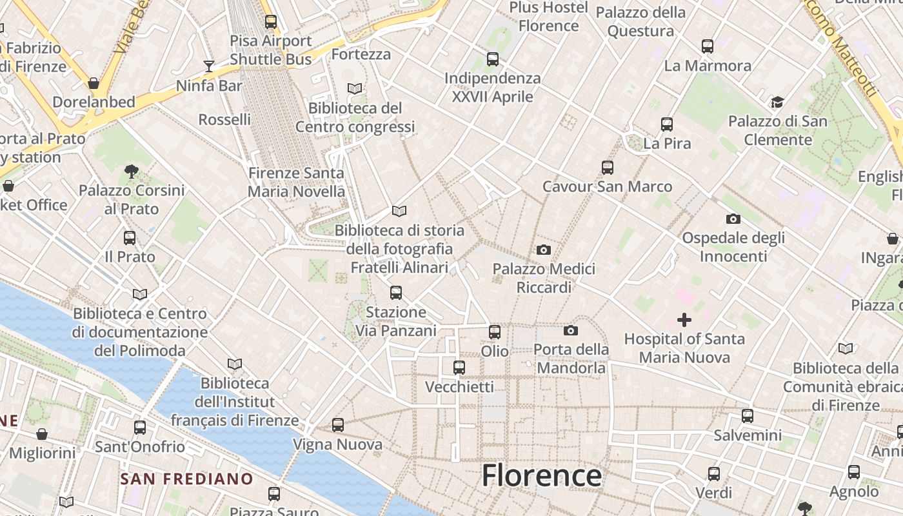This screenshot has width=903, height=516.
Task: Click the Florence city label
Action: click(x=542, y=475)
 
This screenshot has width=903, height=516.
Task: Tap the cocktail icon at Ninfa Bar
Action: click(x=209, y=66)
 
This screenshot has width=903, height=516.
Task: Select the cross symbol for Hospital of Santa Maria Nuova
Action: click(x=684, y=319)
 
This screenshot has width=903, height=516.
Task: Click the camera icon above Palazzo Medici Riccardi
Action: click(x=544, y=250)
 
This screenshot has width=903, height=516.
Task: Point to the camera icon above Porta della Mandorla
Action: click(x=571, y=330)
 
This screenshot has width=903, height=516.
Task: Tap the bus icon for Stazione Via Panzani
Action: click(x=396, y=293)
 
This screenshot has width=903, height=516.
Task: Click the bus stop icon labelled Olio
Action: click(x=495, y=332)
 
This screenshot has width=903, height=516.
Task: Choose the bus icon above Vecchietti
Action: click(x=459, y=368)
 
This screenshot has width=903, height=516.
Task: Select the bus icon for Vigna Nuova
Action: click(x=338, y=425)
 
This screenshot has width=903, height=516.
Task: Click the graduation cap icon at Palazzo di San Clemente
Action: click(x=777, y=102)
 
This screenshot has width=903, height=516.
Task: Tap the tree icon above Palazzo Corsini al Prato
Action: click(x=132, y=171)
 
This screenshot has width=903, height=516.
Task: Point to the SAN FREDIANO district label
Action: click(x=187, y=479)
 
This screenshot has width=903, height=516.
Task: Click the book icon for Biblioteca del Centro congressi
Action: click(x=355, y=88)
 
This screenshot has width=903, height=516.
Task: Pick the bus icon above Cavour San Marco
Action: click(x=608, y=168)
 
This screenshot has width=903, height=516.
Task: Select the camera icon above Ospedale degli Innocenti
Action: click(x=733, y=219)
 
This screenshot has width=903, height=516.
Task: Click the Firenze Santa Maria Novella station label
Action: click(x=297, y=183)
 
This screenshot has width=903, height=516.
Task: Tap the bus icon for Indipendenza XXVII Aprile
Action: click(x=493, y=59)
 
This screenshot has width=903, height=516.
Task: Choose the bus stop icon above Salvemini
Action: click(x=748, y=416)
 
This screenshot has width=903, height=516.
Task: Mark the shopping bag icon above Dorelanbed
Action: click(x=94, y=83)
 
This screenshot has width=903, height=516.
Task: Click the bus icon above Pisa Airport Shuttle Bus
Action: click(x=271, y=22)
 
